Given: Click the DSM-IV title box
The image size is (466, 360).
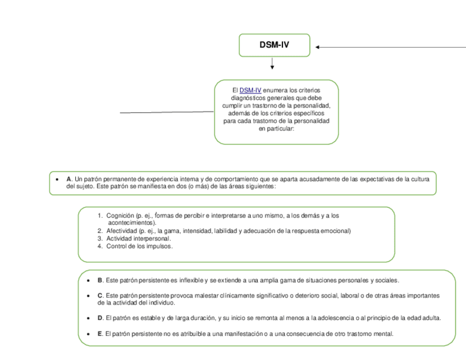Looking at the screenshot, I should tap(274, 45).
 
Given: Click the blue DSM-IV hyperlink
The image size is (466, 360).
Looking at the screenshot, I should tap(250, 90).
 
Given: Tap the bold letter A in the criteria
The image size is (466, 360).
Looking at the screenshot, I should tap(69, 179).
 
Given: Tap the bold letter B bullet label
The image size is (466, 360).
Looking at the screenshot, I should tap(100, 280).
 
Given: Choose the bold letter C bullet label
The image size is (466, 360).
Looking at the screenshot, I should tap(100, 296).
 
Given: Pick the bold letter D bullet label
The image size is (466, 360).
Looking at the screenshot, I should tap(100, 318).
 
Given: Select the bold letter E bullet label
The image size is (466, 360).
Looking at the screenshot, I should tap(100, 334).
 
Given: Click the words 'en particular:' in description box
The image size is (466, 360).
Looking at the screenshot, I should tap(276, 129).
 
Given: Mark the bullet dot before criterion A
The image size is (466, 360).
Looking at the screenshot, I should tap(58, 179).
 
